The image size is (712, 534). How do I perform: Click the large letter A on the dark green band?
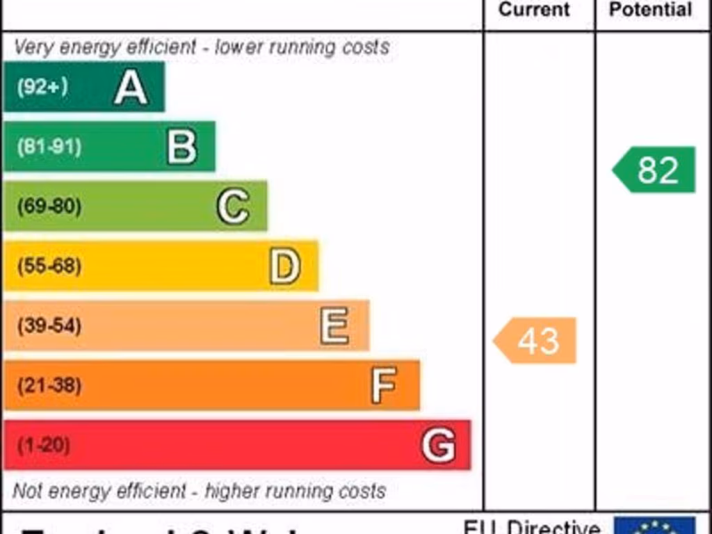click(x=131, y=88)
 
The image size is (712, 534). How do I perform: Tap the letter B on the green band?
click(x=181, y=147)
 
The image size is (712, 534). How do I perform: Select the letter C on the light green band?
click(x=233, y=207)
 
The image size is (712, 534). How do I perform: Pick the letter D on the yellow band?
click(x=285, y=266)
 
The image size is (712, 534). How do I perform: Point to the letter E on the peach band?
click(x=334, y=325)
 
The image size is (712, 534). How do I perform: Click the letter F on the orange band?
click(x=384, y=385)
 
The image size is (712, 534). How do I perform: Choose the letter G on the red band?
click(x=439, y=445)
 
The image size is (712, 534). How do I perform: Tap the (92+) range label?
click(x=42, y=87)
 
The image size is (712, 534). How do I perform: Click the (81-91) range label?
click(x=49, y=147)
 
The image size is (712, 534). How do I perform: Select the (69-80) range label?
click(x=49, y=207)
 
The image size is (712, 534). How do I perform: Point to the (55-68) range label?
click(x=49, y=266)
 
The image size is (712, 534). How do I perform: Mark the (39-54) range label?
click(x=49, y=325)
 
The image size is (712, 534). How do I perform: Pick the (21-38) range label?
click(x=49, y=385)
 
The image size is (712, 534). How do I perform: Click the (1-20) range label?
click(x=43, y=445)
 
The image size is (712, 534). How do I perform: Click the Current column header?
click(x=534, y=10)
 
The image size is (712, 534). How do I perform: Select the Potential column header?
click(x=650, y=10)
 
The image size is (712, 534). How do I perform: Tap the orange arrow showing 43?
click(x=535, y=341)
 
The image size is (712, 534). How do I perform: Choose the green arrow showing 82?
click(x=654, y=170)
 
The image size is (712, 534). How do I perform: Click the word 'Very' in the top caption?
click(x=34, y=47)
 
